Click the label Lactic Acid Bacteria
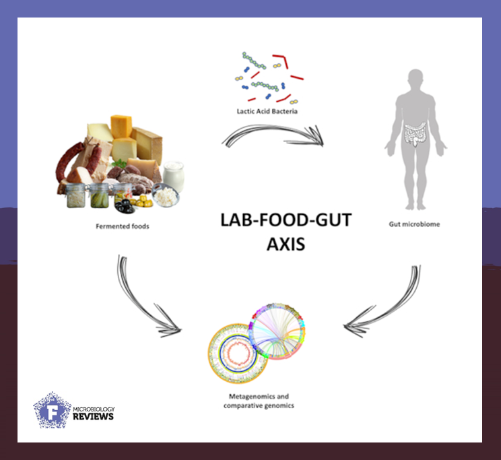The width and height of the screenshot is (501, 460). point(267,111)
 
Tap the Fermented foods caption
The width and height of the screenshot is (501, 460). point(123,226)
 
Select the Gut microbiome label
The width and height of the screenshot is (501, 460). point(414,224)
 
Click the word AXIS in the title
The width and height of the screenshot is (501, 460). point(286,244)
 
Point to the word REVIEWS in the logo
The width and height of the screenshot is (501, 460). point(93,416)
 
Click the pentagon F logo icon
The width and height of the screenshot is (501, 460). point(53,410)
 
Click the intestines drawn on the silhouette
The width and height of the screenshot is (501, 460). point(415,133)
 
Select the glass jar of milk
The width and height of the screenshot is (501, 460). point(174,176)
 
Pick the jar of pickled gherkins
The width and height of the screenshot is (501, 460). point(99,196)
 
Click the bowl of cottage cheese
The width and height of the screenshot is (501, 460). point(166,195)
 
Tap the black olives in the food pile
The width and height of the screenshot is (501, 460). point(125,206)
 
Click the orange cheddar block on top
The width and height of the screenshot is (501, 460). point(121,126)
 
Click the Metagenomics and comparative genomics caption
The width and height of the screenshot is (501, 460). point(259,401)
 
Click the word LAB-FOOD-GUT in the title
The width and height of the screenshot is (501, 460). point(286,220)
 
